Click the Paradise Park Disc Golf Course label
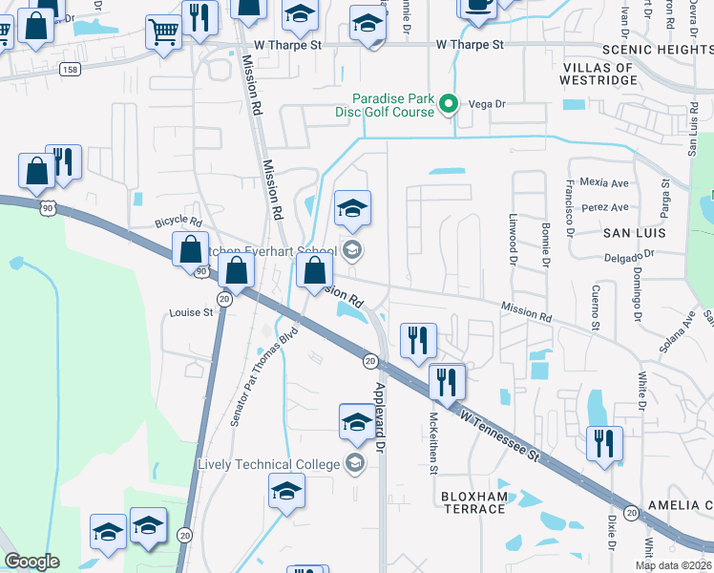393,105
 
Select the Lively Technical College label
268,464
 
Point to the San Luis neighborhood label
629,233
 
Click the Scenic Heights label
658,50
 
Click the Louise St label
191,312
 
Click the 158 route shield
69,69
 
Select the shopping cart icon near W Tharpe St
163,32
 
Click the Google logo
31,562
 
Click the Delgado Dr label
629,255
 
